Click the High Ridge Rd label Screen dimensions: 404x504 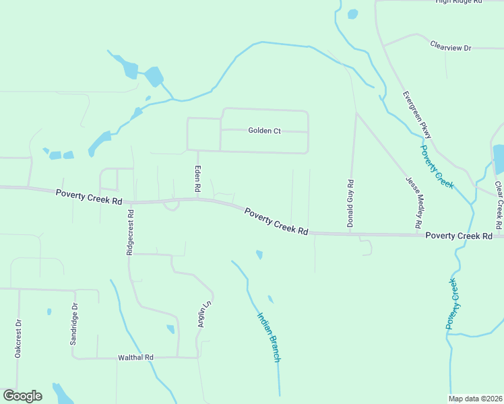click(460, 2)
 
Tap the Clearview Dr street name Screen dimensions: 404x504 click(450, 48)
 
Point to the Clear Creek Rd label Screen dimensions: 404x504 click(498, 204)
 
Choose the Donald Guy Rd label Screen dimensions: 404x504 click(350, 203)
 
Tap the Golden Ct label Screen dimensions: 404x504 click(264, 131)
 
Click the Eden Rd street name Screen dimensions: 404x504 click(198, 180)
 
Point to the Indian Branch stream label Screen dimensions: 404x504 click(268, 336)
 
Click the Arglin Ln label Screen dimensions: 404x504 click(200, 314)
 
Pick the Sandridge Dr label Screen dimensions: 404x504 click(74, 323)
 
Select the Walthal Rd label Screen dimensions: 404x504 click(136, 357)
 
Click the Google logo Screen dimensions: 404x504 click(22, 396)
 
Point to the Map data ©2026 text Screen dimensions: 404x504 click(475, 399)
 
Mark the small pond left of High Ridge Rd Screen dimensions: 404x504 click(352, 13)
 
